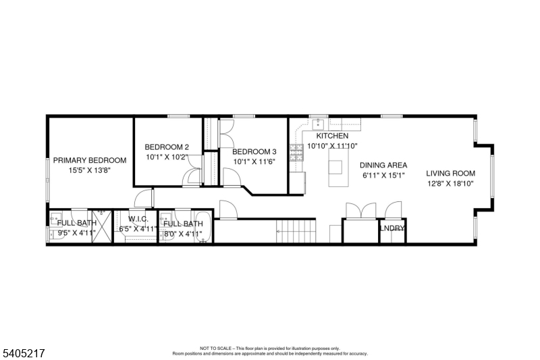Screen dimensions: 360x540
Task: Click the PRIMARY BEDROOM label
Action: click(90, 161)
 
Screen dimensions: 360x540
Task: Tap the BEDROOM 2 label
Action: click(167, 147)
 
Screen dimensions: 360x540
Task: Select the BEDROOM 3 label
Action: click(255, 152)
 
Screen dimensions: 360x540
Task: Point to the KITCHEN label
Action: click(332, 136)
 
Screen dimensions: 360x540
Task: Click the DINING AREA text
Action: click(383, 165)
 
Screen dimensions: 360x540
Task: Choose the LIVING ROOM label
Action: click(450, 174)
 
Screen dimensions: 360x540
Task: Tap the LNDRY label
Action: click(392, 228)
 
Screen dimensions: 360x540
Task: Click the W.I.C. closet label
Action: click(138, 220)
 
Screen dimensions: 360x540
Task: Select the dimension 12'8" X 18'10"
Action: click(450, 183)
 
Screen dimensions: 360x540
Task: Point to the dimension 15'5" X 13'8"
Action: click(90, 170)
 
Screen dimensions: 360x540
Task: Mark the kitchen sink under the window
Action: click(317, 125)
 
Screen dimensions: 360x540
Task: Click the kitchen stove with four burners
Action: click(296, 152)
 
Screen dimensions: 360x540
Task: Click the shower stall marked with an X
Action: click(101, 226)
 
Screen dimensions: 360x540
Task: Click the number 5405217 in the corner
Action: click(23, 351)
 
